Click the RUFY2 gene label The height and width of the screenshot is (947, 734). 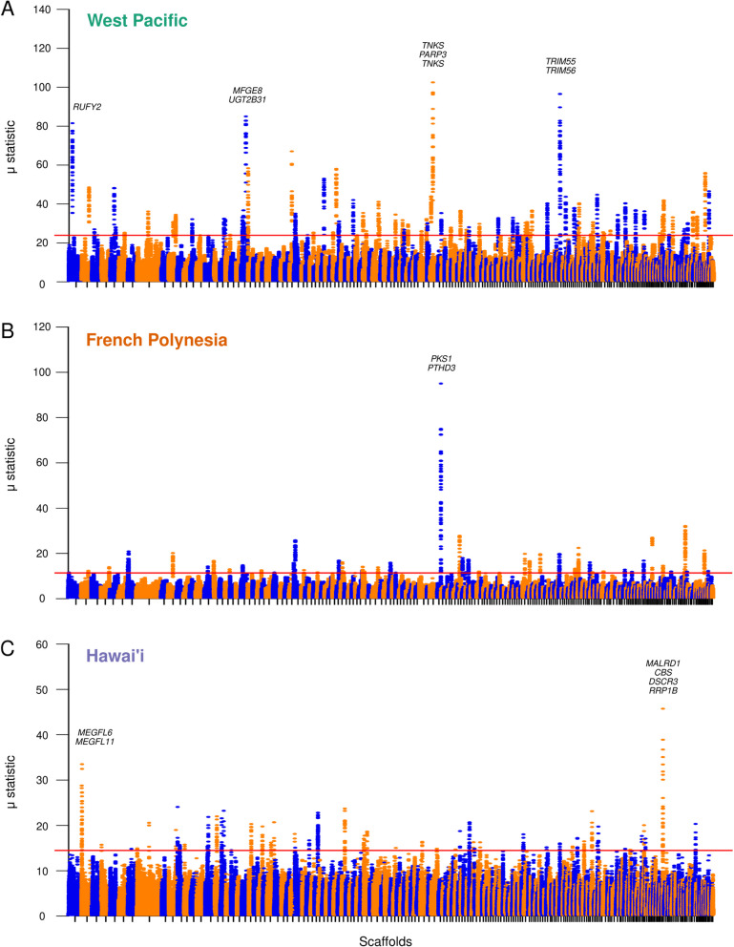[x=87, y=107]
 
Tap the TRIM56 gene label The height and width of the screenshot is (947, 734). [x=560, y=72]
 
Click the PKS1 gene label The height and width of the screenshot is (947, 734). [x=440, y=359]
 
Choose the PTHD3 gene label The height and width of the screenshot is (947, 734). [x=440, y=368]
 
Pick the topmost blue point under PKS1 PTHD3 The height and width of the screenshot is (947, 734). [x=440, y=383]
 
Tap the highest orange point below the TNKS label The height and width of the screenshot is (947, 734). [x=432, y=82]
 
